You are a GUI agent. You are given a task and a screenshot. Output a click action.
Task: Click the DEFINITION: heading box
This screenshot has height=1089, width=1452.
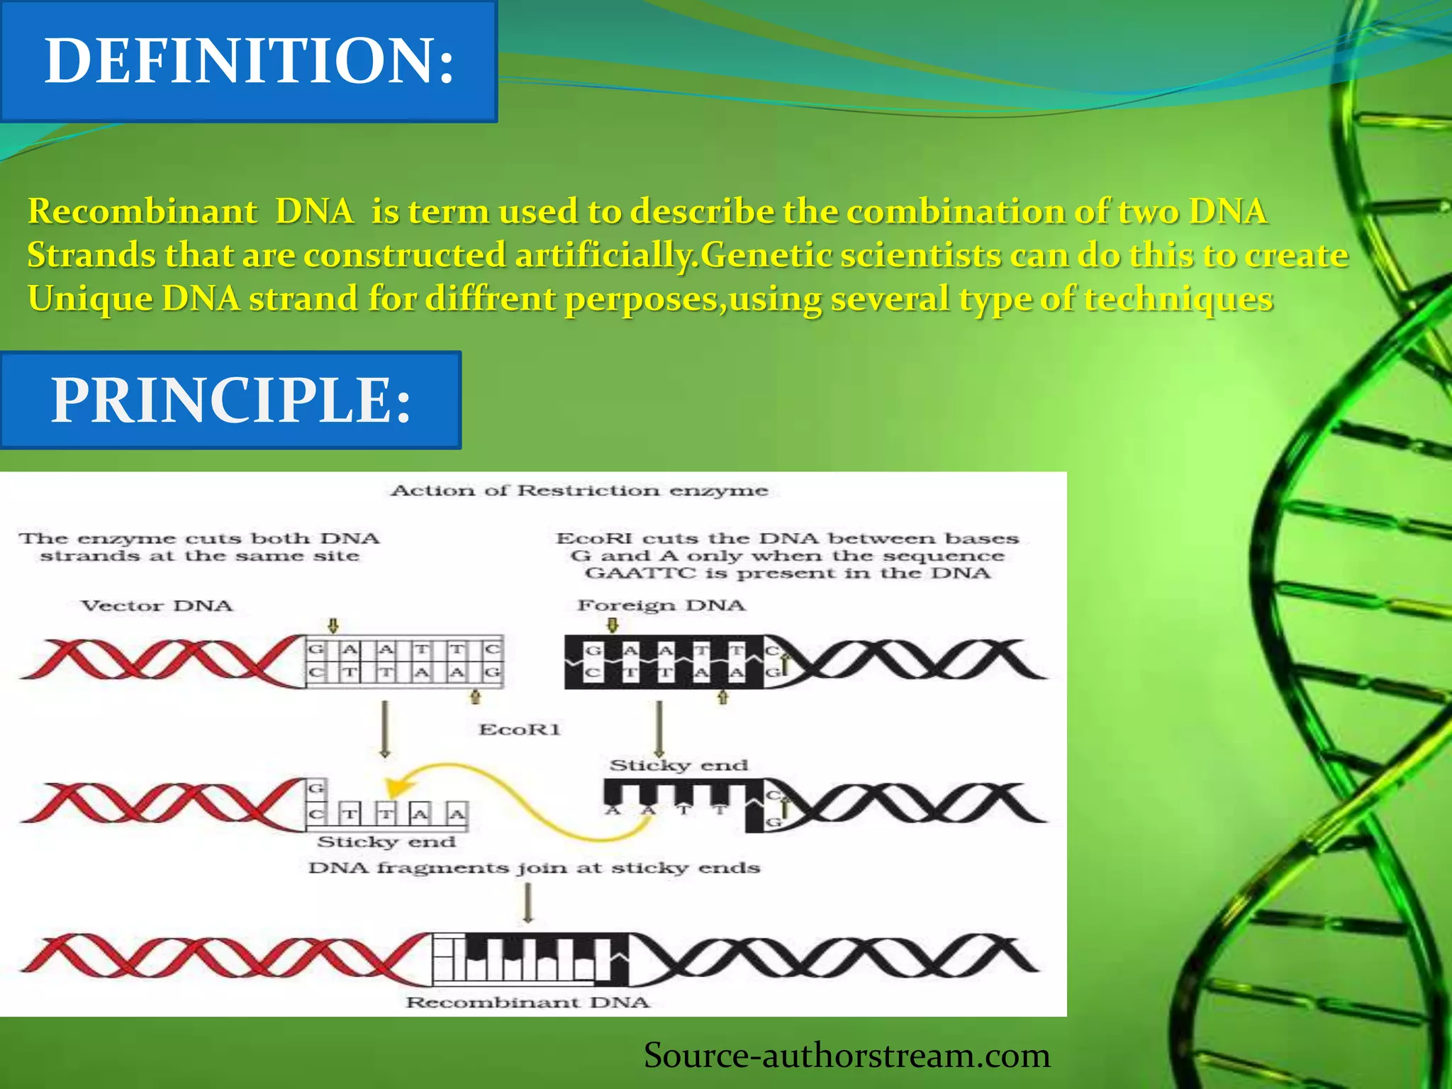pos(248,61)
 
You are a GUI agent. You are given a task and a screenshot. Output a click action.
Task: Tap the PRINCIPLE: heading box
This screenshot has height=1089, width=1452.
pos(230,400)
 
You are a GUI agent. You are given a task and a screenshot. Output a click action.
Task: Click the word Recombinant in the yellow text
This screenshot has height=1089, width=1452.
pos(143,211)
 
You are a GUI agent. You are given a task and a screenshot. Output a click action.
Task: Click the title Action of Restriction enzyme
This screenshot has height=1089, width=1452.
pos(579,491)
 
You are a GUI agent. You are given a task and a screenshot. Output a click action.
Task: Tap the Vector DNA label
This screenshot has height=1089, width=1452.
pos(157,606)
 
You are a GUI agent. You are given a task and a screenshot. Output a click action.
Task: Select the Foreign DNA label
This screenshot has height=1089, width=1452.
pos(661,605)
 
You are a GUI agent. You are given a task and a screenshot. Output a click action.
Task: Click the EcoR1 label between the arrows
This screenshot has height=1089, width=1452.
pos(520,730)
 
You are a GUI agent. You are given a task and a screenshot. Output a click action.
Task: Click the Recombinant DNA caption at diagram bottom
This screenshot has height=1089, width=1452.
pos(527,1003)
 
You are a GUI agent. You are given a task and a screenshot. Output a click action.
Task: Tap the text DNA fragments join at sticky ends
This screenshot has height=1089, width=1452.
pos(534,868)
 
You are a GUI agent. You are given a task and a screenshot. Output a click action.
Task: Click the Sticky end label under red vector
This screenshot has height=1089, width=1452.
pos(386,842)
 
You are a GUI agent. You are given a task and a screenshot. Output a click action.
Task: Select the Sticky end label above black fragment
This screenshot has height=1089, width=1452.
pos(678,766)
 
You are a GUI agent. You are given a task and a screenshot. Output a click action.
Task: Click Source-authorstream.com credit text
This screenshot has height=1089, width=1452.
pos(847,1055)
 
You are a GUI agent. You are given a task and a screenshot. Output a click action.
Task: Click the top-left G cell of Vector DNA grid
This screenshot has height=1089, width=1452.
pos(315,649)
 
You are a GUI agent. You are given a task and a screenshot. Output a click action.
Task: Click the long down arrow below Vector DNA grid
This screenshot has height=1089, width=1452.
pos(384,729)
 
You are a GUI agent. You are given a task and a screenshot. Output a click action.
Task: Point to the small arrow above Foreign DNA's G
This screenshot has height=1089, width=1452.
pos(614,625)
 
